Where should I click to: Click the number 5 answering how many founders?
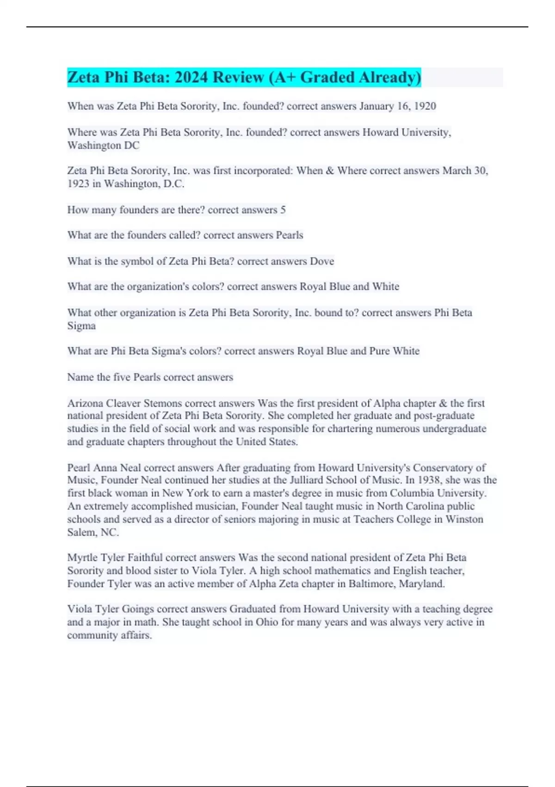[x=283, y=210]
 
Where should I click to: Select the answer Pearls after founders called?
[x=290, y=235]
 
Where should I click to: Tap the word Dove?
[x=322, y=262]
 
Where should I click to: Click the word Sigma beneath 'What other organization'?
[x=81, y=326]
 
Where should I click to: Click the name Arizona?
[x=85, y=403]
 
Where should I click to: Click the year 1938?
[x=429, y=480]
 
